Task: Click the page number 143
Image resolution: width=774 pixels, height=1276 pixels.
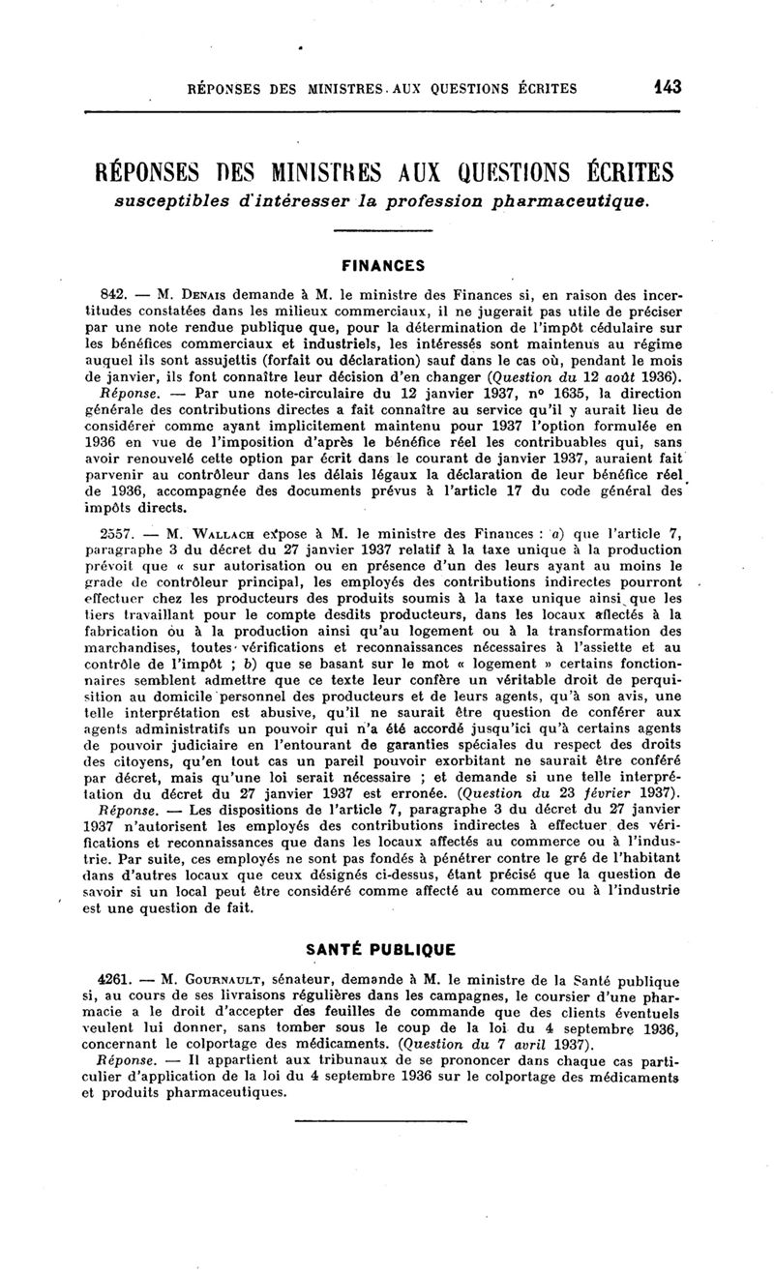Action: coord(667,87)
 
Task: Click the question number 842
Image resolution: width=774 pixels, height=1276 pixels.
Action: coord(116,291)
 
